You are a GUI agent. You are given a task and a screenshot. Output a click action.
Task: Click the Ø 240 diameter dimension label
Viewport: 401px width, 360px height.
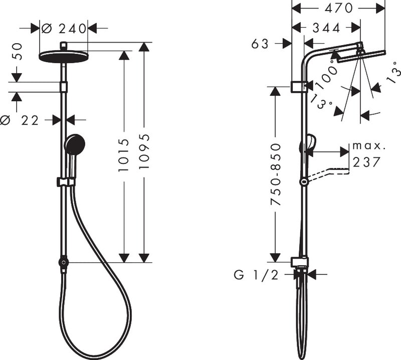click(64, 29)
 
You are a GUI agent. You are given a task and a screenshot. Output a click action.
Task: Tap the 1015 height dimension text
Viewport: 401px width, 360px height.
click(124, 155)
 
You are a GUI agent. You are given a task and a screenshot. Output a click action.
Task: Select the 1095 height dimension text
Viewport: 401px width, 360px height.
click(144, 151)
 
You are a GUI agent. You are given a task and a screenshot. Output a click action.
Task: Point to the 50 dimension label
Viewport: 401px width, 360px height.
click(17, 52)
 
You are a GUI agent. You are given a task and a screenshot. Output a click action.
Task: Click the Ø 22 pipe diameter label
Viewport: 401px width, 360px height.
click(20, 120)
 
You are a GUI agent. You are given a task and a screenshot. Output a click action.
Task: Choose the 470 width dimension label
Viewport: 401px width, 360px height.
click(339, 9)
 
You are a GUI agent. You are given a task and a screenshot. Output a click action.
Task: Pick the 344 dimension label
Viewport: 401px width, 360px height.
click(327, 28)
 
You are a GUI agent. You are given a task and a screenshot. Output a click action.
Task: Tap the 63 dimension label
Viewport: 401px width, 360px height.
click(260, 44)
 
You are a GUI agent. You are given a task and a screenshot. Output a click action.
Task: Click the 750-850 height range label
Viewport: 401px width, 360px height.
click(276, 174)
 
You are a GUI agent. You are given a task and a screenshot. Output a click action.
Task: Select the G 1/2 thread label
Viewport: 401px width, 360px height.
click(256, 275)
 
